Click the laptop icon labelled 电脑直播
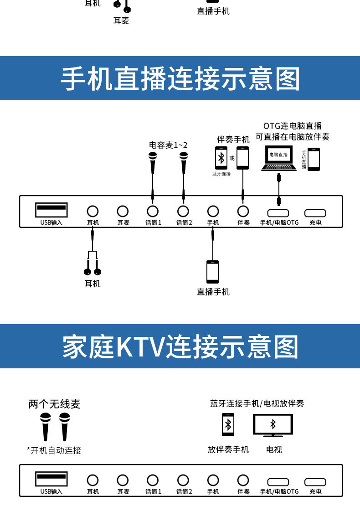coord(279,158)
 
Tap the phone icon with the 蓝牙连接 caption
coord(221,158)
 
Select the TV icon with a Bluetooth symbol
coord(273,425)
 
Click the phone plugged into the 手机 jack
coord(213,272)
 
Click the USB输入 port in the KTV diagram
coord(51,479)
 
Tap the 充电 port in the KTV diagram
coord(315,482)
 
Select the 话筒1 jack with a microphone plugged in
coord(153,212)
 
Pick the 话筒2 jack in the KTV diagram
coord(183,480)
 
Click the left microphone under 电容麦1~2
coord(153,163)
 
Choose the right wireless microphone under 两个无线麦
coord(64,427)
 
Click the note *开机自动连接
coord(54,450)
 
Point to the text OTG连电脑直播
coord(293,126)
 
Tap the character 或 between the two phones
coord(232,158)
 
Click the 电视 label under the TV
coord(274,449)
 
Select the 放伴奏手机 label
coord(228,449)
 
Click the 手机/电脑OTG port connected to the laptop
coord(278,213)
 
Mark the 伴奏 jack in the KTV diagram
coord(243,480)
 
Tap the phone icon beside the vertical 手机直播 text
coord(314,159)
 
